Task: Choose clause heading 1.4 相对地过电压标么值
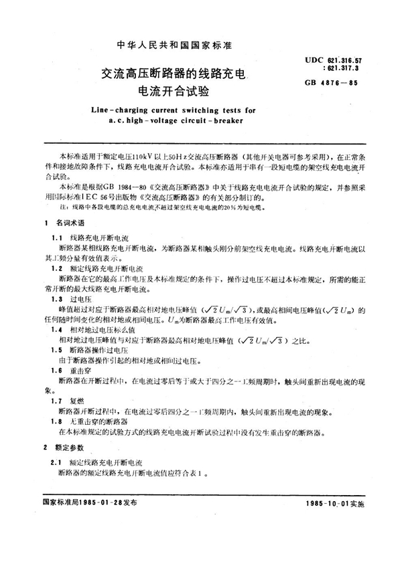click(x=100, y=330)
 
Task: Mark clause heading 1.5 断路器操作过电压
click(x=94, y=351)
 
